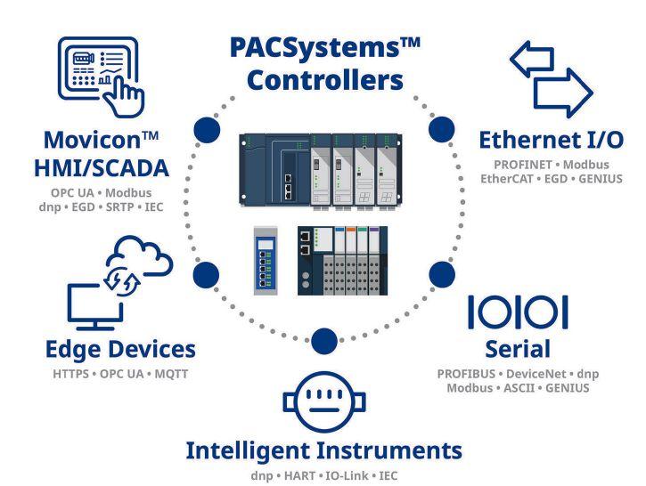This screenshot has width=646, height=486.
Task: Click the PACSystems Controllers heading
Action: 324,63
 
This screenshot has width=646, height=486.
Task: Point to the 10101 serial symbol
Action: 518,312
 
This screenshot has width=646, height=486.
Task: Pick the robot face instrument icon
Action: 323,402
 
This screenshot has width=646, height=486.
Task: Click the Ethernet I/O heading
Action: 550,140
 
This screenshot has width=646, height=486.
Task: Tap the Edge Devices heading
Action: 121,348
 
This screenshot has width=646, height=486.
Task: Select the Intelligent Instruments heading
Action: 323,450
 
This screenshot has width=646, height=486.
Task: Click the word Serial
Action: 518,348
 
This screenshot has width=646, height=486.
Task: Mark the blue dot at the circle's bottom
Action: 324,340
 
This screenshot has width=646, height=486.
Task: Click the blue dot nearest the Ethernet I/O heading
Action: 438,130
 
